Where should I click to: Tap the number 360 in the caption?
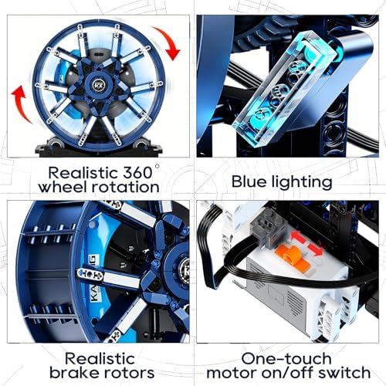pyautogui.click(x=137, y=173)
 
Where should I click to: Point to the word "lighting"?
pyautogui.click(x=302, y=182)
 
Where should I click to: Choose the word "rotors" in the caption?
pyautogui.click(x=130, y=373)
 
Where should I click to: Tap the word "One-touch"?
pyautogui.click(x=286, y=358)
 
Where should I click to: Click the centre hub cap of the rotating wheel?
pyautogui.click(x=98, y=84)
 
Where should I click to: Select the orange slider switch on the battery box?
pyautogui.click(x=292, y=256)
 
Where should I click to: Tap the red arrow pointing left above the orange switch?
pyautogui.click(x=298, y=237)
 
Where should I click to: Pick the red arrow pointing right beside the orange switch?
pyautogui.click(x=316, y=249)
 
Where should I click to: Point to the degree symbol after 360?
pyautogui.click(x=157, y=167)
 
